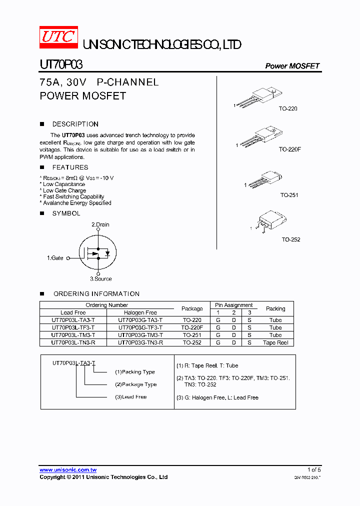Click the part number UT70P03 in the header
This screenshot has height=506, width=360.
click(x=61, y=65)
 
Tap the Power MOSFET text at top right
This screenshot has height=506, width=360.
click(x=292, y=66)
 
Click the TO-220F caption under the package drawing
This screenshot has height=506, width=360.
click(x=289, y=149)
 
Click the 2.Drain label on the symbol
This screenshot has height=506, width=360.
click(x=100, y=224)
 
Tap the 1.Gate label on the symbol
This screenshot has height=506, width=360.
click(x=55, y=258)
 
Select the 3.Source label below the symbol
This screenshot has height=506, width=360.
click(x=100, y=278)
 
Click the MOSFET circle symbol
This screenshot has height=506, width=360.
click(x=97, y=252)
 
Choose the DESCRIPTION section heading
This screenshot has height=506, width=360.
click(x=75, y=124)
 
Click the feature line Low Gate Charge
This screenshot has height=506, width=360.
click(x=64, y=190)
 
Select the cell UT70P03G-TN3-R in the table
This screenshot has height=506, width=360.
click(x=140, y=342)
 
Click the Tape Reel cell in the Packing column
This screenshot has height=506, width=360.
click(x=275, y=342)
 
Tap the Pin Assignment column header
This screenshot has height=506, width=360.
click(x=233, y=305)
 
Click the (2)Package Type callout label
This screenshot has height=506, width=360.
click(x=135, y=384)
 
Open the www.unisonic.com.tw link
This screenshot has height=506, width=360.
click(x=68, y=470)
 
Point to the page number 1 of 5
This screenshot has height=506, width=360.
click(x=314, y=469)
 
